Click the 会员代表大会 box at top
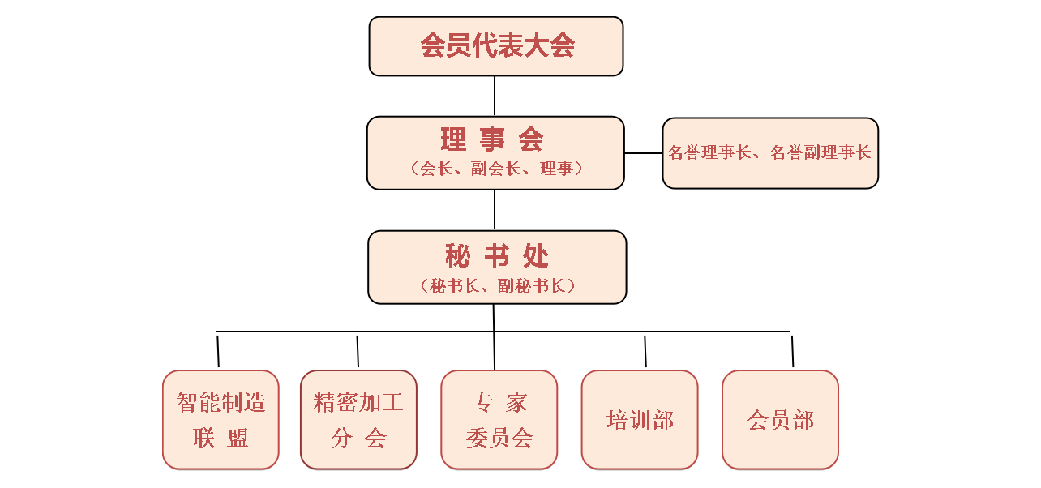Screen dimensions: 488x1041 pos(495,46)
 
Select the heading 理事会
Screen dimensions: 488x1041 pos(493,139)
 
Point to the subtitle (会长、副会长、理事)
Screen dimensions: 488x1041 pos(496,169)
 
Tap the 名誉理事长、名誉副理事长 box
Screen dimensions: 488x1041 pos(769,152)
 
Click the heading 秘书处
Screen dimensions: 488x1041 pos(496,256)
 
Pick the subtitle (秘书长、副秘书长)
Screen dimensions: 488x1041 pos(497,285)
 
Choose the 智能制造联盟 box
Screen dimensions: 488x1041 pos(221,419)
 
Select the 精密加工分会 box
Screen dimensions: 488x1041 pos(358,419)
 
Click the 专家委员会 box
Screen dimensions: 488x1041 pos(499,419)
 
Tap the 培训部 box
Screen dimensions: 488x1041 pos(640,419)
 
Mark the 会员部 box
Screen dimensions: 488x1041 pos(780,419)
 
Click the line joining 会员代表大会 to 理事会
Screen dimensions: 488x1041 pos(495,96)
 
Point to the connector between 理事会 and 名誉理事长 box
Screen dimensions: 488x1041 pos(643,152)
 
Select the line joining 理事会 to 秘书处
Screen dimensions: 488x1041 pos(495,210)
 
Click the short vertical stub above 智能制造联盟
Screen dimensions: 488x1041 pos(218,350)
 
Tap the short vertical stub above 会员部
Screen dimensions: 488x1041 pos(792,350)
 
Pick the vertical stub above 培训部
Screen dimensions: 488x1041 pos(645,350)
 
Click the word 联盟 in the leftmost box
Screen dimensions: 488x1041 pos(221,439)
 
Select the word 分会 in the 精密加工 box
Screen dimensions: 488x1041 pos(358,439)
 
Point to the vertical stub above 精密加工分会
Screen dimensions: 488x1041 pos(358,350)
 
